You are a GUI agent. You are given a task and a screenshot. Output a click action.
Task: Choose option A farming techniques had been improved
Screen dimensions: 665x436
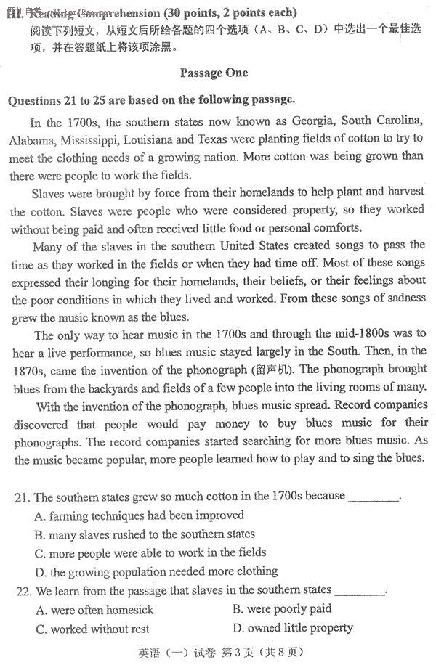click(139, 515)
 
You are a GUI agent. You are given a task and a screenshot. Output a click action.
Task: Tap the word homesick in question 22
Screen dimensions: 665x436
click(128, 609)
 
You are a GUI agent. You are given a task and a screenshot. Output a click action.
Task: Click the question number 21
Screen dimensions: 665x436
click(22, 497)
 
